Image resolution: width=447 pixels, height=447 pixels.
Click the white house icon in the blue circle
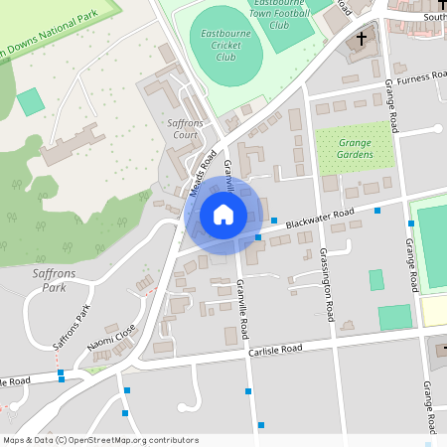click(223, 214)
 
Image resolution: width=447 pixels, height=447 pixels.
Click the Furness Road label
click(419, 77)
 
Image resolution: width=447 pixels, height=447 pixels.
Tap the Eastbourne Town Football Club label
click(278, 15)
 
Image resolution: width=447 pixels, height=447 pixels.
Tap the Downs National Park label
click(50, 40)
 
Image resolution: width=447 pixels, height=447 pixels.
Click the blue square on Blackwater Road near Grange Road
click(377, 210)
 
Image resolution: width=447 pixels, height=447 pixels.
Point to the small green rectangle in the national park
click(31, 100)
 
